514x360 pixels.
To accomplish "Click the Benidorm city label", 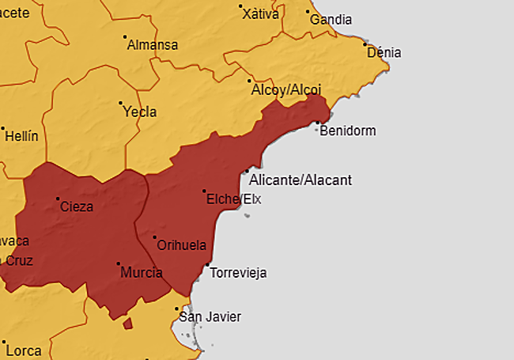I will click(348, 131).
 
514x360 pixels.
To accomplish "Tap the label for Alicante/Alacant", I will click(300, 180).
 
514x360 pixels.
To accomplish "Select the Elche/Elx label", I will click(233, 199).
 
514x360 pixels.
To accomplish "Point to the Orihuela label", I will click(183, 245).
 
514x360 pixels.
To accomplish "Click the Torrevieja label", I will click(239, 273).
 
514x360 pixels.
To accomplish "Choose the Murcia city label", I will click(142, 273).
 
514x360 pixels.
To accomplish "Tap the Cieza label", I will click(77, 207).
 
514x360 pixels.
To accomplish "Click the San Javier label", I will click(210, 317).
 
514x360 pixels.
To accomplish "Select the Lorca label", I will click(23, 349).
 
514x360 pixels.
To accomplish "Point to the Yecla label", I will click(140, 112).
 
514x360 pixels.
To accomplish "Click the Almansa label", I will click(153, 44).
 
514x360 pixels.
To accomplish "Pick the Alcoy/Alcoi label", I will click(286, 90).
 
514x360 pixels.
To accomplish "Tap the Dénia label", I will click(384, 53).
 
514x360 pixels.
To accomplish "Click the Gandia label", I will click(331, 20).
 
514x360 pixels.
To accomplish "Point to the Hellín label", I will click(21, 136).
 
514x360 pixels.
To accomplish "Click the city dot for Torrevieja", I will click(207, 265).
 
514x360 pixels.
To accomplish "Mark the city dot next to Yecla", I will click(120, 103).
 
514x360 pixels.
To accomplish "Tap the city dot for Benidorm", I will click(317, 123).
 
